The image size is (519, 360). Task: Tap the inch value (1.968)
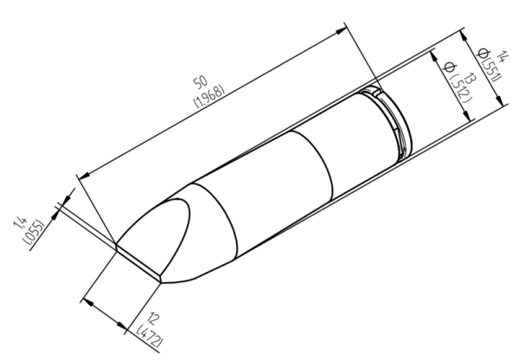(x=210, y=96)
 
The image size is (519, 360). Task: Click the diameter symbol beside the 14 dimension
(x=479, y=49)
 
